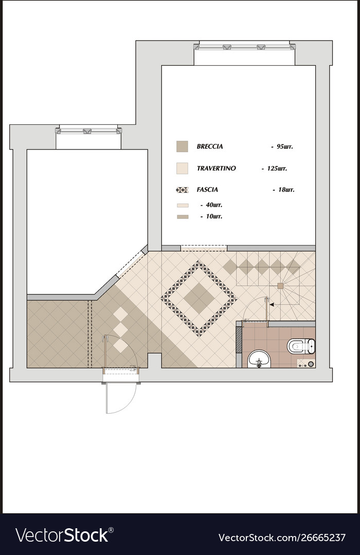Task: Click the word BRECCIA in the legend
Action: [210, 146]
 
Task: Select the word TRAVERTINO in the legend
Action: [216, 168]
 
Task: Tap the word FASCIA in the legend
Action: [208, 190]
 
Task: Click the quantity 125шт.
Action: [276, 168]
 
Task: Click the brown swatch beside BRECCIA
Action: [182, 146]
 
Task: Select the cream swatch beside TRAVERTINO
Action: [182, 168]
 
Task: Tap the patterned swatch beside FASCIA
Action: [182, 190]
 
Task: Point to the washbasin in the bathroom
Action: [259, 359]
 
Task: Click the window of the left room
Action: [88, 131]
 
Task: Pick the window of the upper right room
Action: [244, 47]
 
